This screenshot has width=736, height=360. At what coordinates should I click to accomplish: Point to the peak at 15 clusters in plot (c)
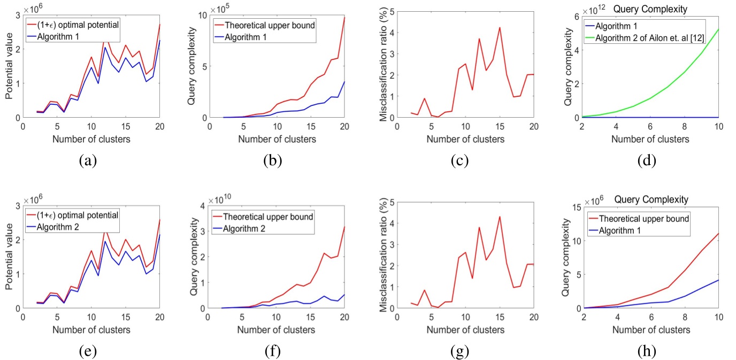[x=500, y=27]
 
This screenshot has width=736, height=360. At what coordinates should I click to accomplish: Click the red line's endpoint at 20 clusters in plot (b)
[x=344, y=18]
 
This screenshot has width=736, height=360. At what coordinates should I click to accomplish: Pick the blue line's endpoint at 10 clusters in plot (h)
[x=718, y=280]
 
